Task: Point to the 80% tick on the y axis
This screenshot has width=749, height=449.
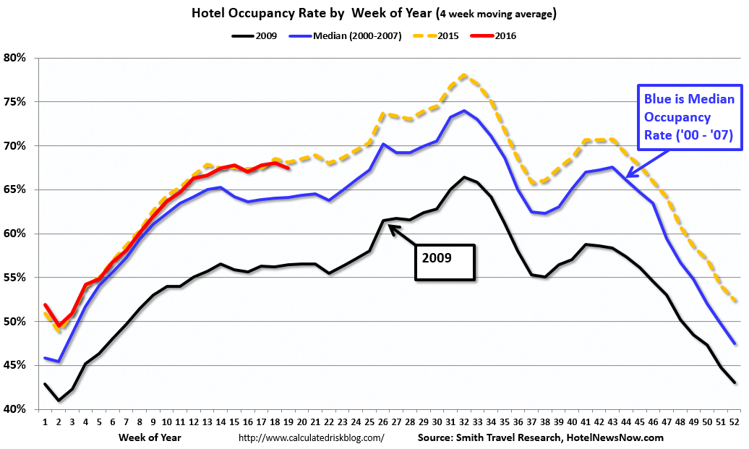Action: click(17, 58)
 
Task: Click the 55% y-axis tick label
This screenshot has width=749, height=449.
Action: click(17, 278)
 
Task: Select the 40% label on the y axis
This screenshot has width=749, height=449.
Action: click(17, 409)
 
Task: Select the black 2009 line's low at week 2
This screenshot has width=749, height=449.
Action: click(59, 401)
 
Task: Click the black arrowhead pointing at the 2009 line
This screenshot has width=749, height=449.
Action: click(391, 227)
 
